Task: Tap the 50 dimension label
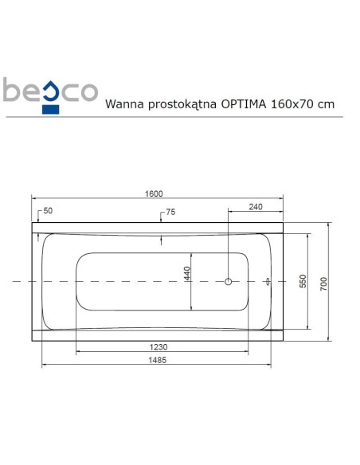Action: click(48, 210)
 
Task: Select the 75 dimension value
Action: click(170, 213)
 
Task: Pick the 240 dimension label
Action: click(255, 207)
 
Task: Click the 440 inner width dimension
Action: click(188, 275)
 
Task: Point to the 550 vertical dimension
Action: click(303, 281)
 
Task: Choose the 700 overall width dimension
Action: click(323, 281)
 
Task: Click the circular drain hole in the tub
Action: click(229, 281)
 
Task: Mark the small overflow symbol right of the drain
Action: click(268, 281)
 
